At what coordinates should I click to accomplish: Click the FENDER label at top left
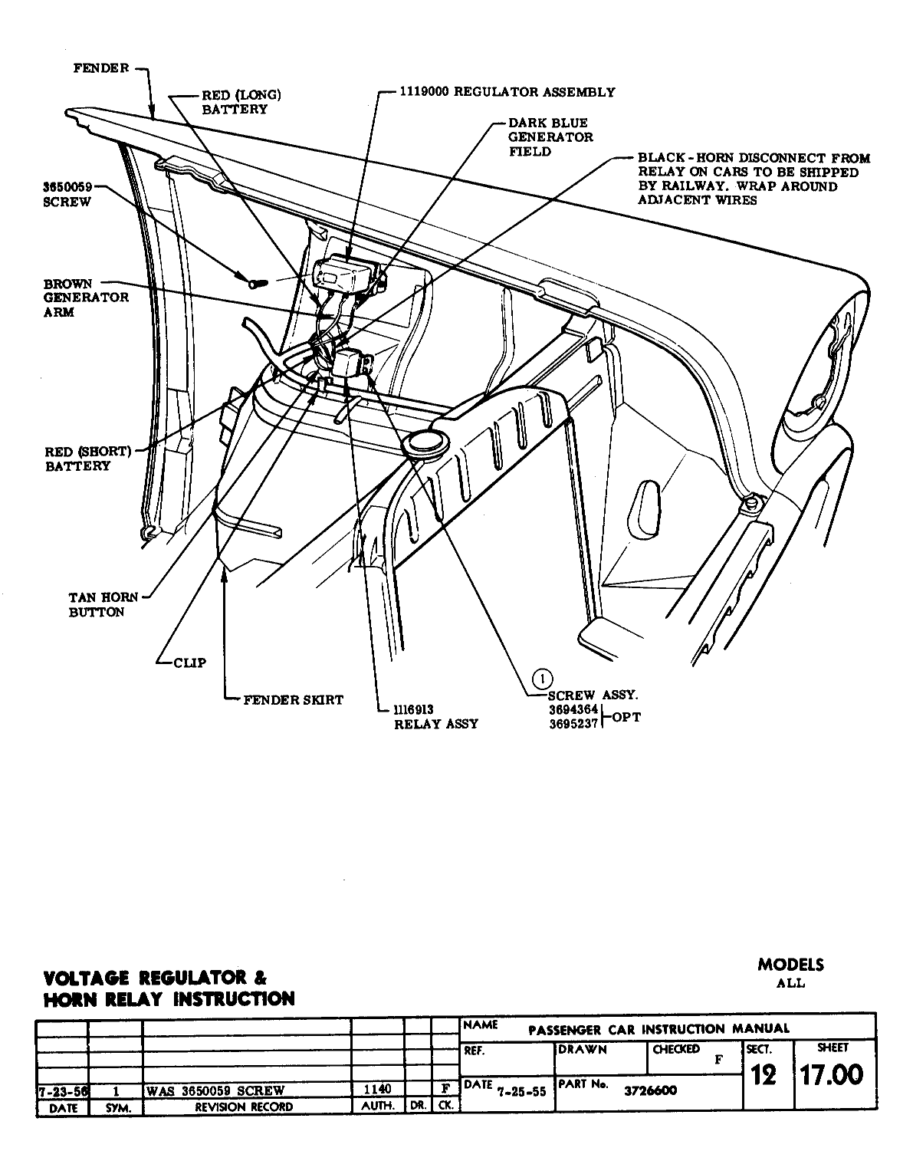click(x=101, y=68)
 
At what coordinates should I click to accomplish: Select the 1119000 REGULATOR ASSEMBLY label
click(x=507, y=92)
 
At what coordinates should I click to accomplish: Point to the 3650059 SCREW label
click(x=68, y=195)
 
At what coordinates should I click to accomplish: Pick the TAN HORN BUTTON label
click(x=96, y=605)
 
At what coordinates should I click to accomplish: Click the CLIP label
click(x=189, y=663)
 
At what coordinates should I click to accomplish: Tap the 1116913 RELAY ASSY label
click(x=435, y=717)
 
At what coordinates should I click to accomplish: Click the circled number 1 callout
click(x=542, y=678)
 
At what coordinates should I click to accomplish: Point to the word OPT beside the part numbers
click(x=627, y=717)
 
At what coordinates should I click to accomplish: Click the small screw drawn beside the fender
click(x=256, y=282)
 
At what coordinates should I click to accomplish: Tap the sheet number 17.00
click(x=831, y=1075)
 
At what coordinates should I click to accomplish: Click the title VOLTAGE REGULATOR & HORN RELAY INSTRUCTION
click(x=169, y=988)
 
